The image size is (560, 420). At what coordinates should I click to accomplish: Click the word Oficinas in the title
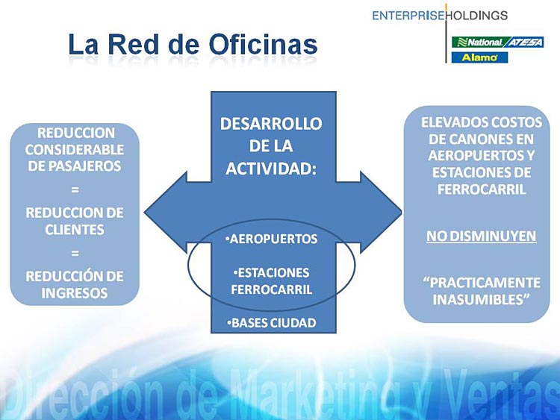pos(263,45)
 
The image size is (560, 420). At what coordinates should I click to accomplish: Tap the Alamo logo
pos(479,57)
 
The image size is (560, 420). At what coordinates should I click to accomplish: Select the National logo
pos(478,42)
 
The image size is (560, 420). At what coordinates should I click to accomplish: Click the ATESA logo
pos(524,42)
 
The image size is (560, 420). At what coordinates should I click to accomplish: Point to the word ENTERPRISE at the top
pos(408,16)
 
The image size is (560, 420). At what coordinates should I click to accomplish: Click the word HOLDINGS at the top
pos(477,16)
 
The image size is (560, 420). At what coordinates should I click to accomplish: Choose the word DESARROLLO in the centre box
pos(271,124)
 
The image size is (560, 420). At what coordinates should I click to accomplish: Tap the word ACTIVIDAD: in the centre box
pos(271,169)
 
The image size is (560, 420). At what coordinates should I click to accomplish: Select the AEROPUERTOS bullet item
pos(272,239)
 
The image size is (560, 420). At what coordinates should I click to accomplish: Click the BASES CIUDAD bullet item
pos(272,323)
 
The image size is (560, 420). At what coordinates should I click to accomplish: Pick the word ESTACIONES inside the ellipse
pos(272,272)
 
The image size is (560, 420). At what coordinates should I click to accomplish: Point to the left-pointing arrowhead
pos(166,212)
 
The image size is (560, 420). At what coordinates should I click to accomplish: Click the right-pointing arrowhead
pos(381,212)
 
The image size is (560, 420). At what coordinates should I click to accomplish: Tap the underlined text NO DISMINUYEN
pos(481,236)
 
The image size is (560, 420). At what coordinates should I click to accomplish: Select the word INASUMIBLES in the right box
pos(481,299)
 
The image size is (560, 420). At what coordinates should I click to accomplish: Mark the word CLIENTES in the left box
pos(75,230)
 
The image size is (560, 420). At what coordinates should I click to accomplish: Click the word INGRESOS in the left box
pos(75,293)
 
